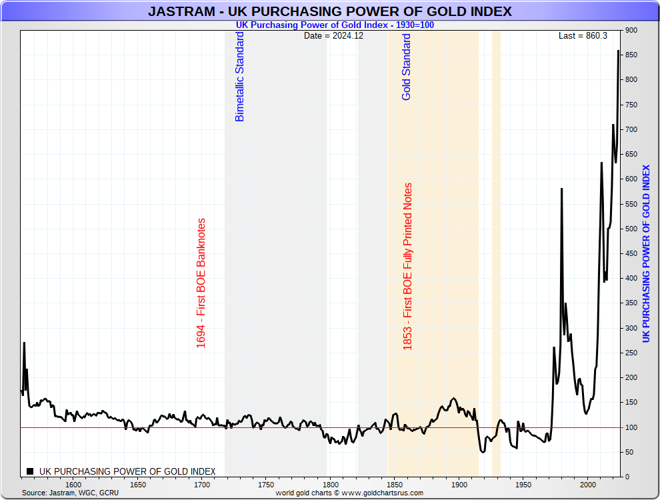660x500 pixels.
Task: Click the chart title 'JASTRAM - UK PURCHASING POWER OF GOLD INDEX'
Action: click(x=329, y=11)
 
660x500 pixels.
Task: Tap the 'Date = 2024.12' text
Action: click(x=333, y=35)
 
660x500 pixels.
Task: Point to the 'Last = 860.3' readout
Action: click(x=583, y=35)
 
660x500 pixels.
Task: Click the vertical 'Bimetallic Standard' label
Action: click(x=240, y=77)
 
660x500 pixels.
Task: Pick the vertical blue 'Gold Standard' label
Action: click(x=407, y=67)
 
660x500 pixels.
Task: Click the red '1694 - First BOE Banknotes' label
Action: click(x=201, y=283)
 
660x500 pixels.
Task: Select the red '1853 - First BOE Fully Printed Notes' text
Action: click(x=408, y=267)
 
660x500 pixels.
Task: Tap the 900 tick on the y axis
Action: click(x=631, y=31)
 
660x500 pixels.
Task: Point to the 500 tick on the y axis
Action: click(x=631, y=229)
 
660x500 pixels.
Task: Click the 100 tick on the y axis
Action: click(x=631, y=427)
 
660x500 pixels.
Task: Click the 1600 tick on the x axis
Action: click(x=73, y=485)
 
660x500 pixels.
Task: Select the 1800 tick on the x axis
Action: click(x=331, y=485)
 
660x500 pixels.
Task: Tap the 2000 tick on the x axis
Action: click(x=588, y=485)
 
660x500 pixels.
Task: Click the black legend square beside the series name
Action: click(x=31, y=471)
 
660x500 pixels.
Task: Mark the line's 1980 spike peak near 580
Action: click(x=561, y=189)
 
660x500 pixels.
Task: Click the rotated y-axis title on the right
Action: click(x=646, y=253)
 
